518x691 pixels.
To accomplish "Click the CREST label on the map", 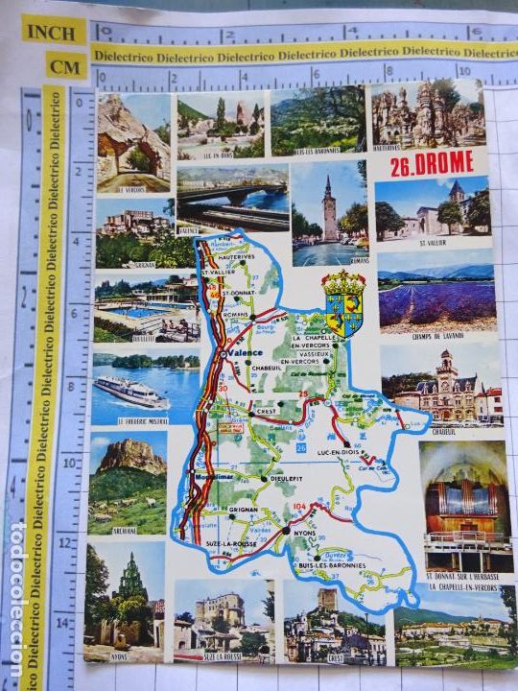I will pos(267,408).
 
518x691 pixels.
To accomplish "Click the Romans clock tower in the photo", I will pos(329,211).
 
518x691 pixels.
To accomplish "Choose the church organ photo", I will pos(464,507).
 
